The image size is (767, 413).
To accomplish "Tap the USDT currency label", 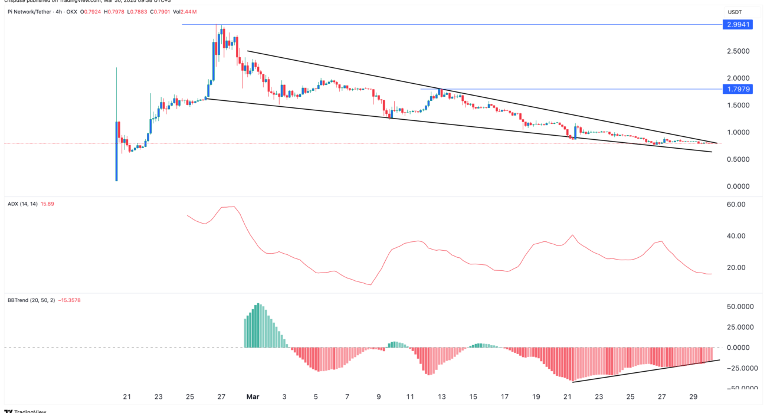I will (x=735, y=12).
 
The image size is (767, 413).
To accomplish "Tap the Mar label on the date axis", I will (x=253, y=397).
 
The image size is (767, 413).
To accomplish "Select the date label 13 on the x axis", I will (x=441, y=397).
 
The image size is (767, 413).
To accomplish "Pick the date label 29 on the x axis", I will (x=694, y=397).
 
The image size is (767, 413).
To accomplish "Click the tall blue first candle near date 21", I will (x=116, y=151).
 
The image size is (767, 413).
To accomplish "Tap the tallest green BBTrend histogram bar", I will (x=258, y=326).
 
